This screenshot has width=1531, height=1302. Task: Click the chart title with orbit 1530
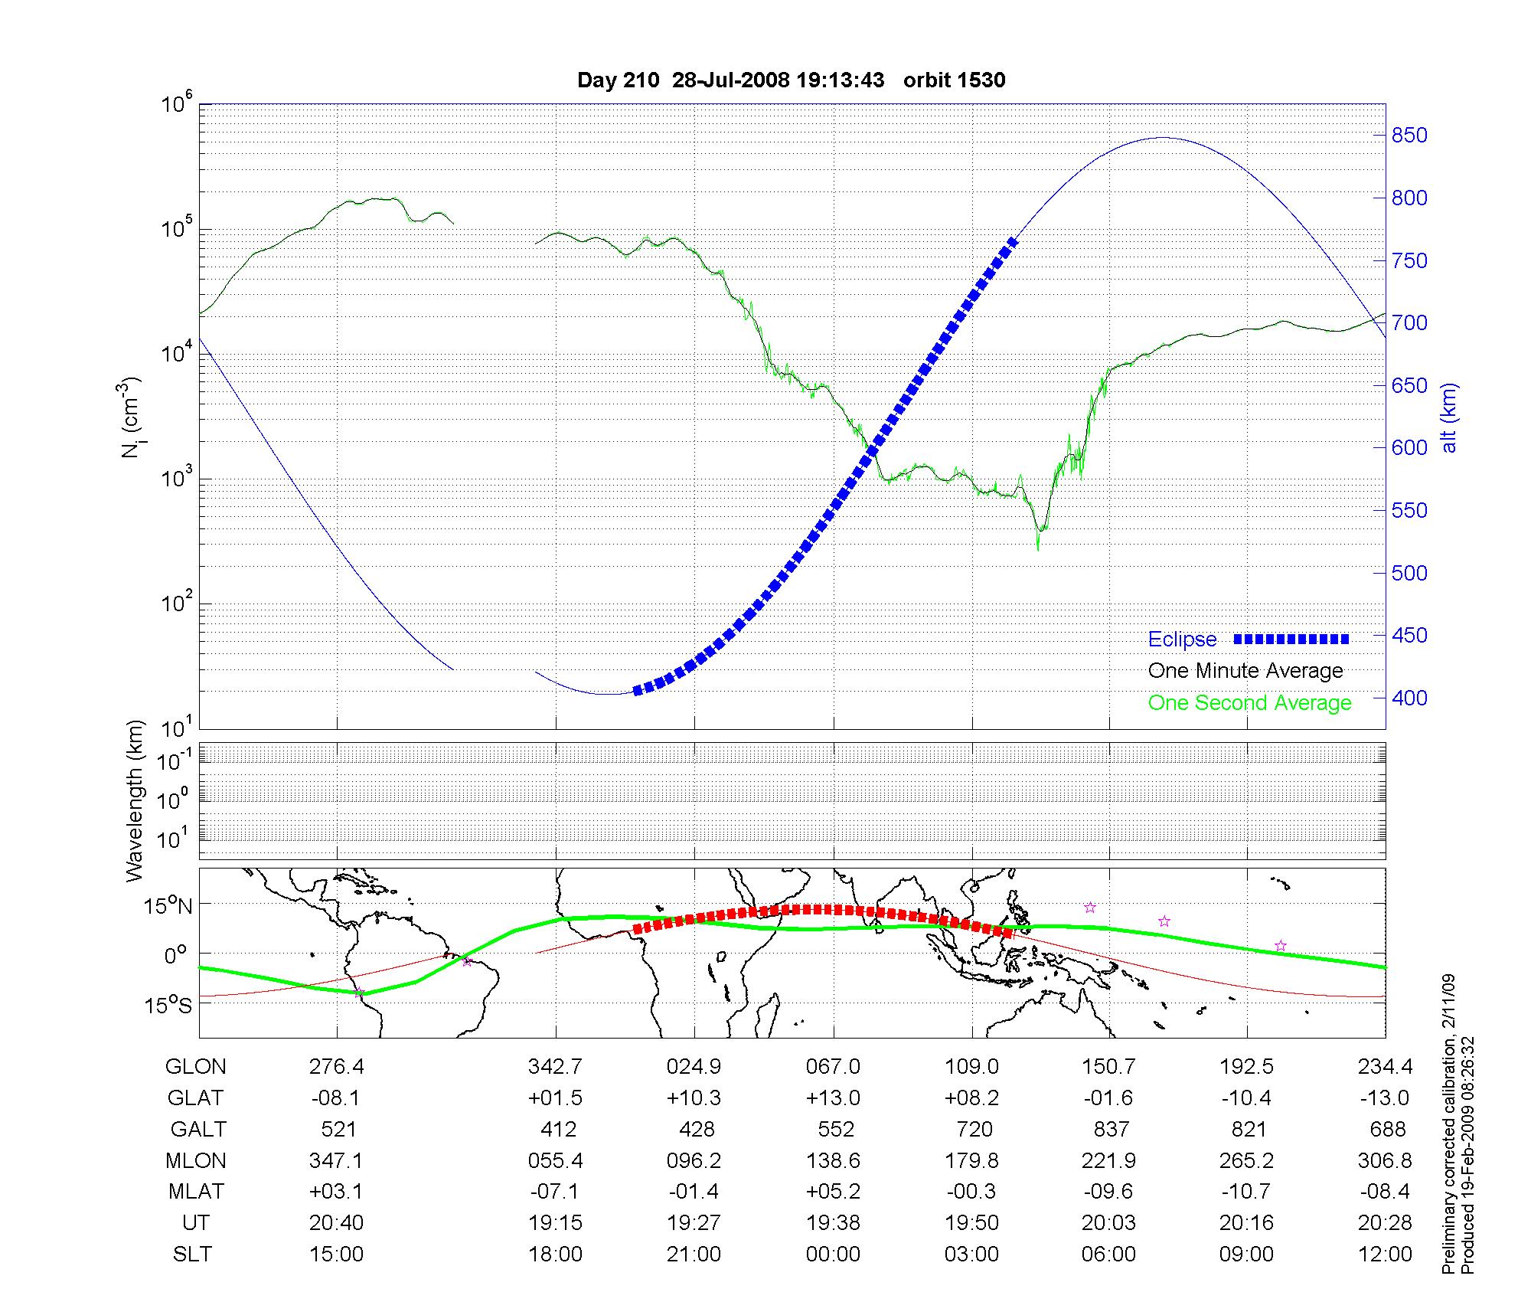click(791, 80)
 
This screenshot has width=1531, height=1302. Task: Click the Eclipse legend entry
click(1182, 640)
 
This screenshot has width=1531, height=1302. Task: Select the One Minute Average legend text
click(1245, 671)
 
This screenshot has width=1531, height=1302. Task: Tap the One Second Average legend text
click(1249, 703)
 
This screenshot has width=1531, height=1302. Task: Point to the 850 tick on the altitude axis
click(1409, 136)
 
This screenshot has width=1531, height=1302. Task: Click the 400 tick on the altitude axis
click(1409, 698)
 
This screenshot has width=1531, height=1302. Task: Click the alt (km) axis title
click(1450, 418)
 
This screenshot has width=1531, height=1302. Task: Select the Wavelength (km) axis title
click(135, 801)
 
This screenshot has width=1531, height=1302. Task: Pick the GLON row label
click(195, 1067)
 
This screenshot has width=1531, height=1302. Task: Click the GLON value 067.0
click(833, 1067)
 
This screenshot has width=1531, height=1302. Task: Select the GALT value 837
click(1111, 1130)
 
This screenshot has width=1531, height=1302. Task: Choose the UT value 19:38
click(833, 1223)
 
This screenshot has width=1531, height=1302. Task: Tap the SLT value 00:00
click(833, 1255)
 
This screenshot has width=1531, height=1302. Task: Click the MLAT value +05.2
click(833, 1192)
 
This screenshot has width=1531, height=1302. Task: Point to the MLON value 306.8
click(1385, 1161)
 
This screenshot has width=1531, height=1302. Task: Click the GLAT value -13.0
click(1385, 1098)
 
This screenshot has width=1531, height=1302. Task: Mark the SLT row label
click(192, 1255)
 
